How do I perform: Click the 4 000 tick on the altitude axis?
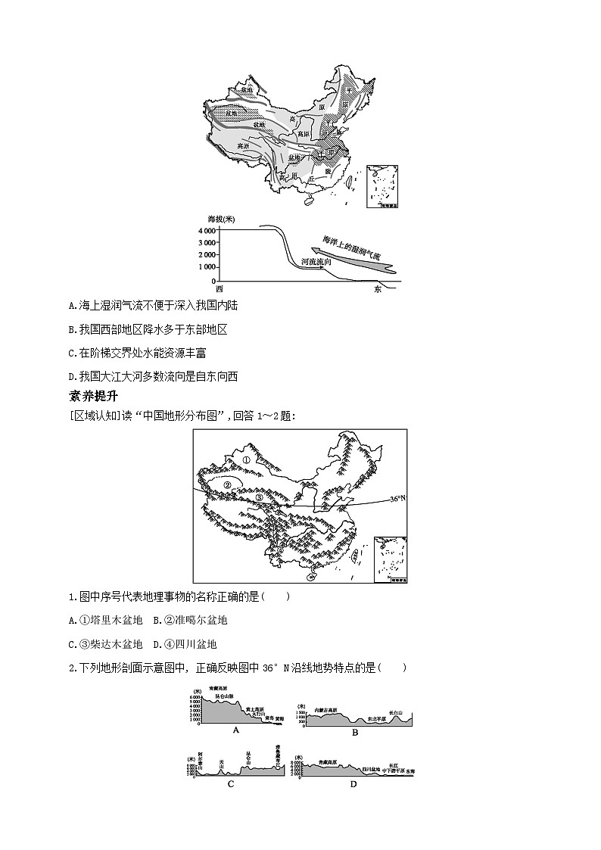click(x=205, y=230)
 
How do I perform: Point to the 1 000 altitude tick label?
click(x=205, y=267)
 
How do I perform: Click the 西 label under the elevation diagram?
click(x=220, y=289)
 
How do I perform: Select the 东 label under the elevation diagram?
click(x=378, y=289)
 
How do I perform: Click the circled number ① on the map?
click(x=245, y=459)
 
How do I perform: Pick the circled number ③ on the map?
click(x=259, y=497)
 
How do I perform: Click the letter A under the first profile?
click(x=236, y=730)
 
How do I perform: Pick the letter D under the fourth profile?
click(x=353, y=784)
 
